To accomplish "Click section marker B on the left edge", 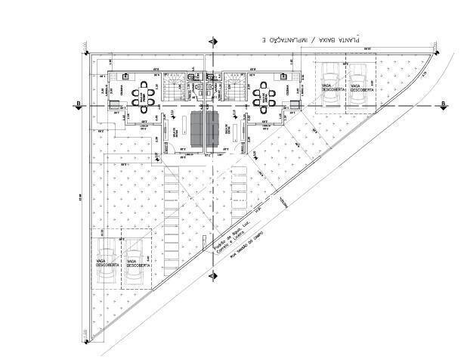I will click(78, 104).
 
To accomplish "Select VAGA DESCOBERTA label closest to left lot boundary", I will click(106, 263).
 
